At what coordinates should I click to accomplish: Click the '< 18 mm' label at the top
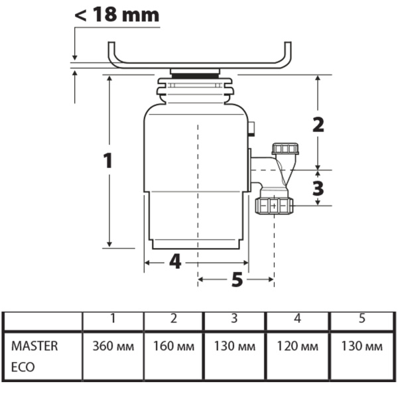[117, 15]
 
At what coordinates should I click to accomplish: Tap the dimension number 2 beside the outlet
[318, 124]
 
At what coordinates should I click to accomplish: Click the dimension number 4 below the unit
[174, 262]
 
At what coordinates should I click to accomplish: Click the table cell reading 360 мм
[113, 347]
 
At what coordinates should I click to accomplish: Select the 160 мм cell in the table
[173, 347]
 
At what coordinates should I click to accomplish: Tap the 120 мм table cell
[297, 347]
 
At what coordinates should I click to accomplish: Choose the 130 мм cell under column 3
[234, 347]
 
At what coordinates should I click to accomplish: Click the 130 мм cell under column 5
[362, 347]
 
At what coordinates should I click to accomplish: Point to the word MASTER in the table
[34, 346]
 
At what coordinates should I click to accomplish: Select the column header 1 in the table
[113, 319]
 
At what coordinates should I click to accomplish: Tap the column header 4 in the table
[297, 319]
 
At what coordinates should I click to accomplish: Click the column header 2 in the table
[173, 319]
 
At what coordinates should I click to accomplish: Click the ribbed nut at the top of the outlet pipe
[286, 148]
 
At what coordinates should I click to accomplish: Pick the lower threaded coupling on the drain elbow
[273, 205]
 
